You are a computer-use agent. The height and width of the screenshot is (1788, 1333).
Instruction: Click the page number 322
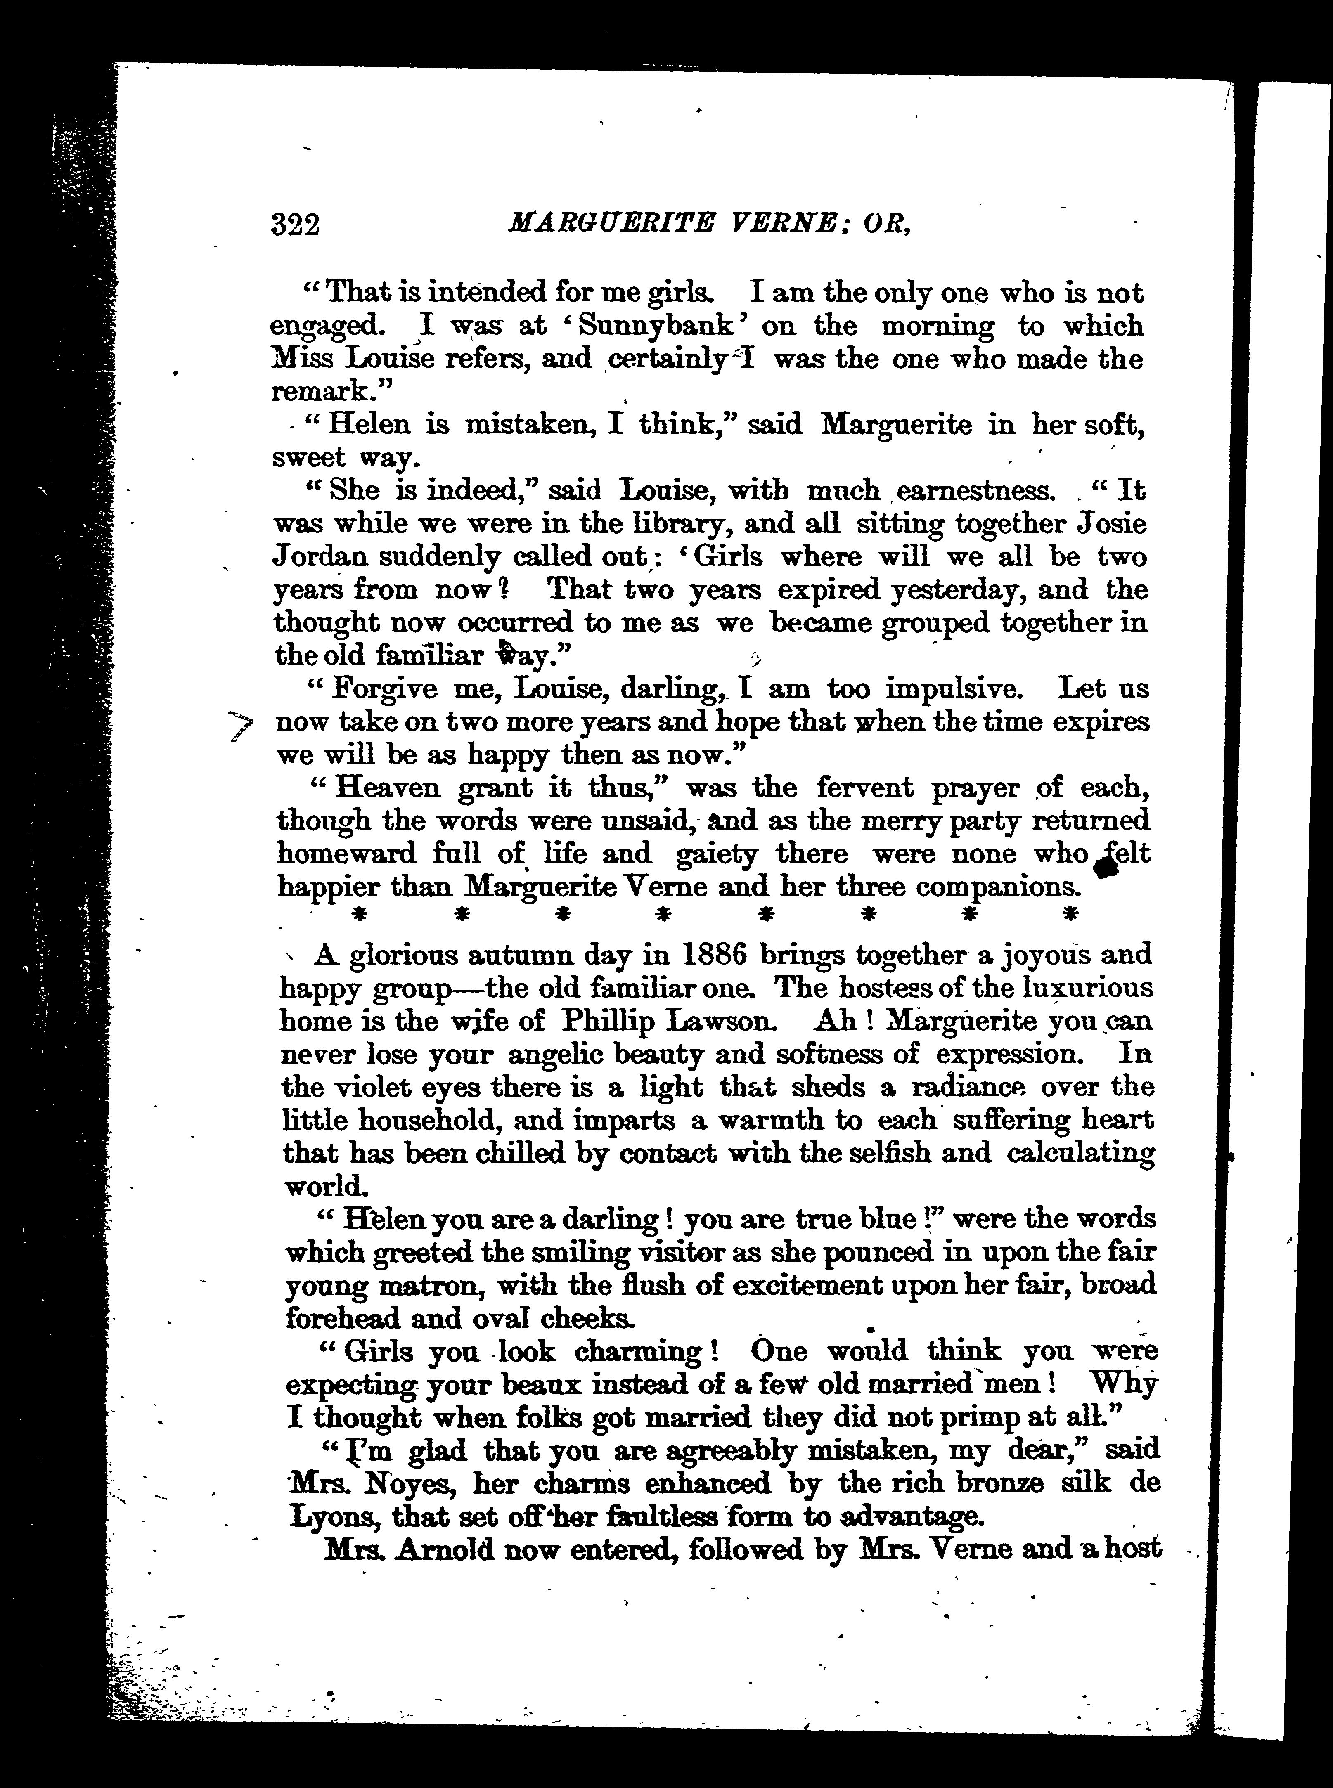296,224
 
